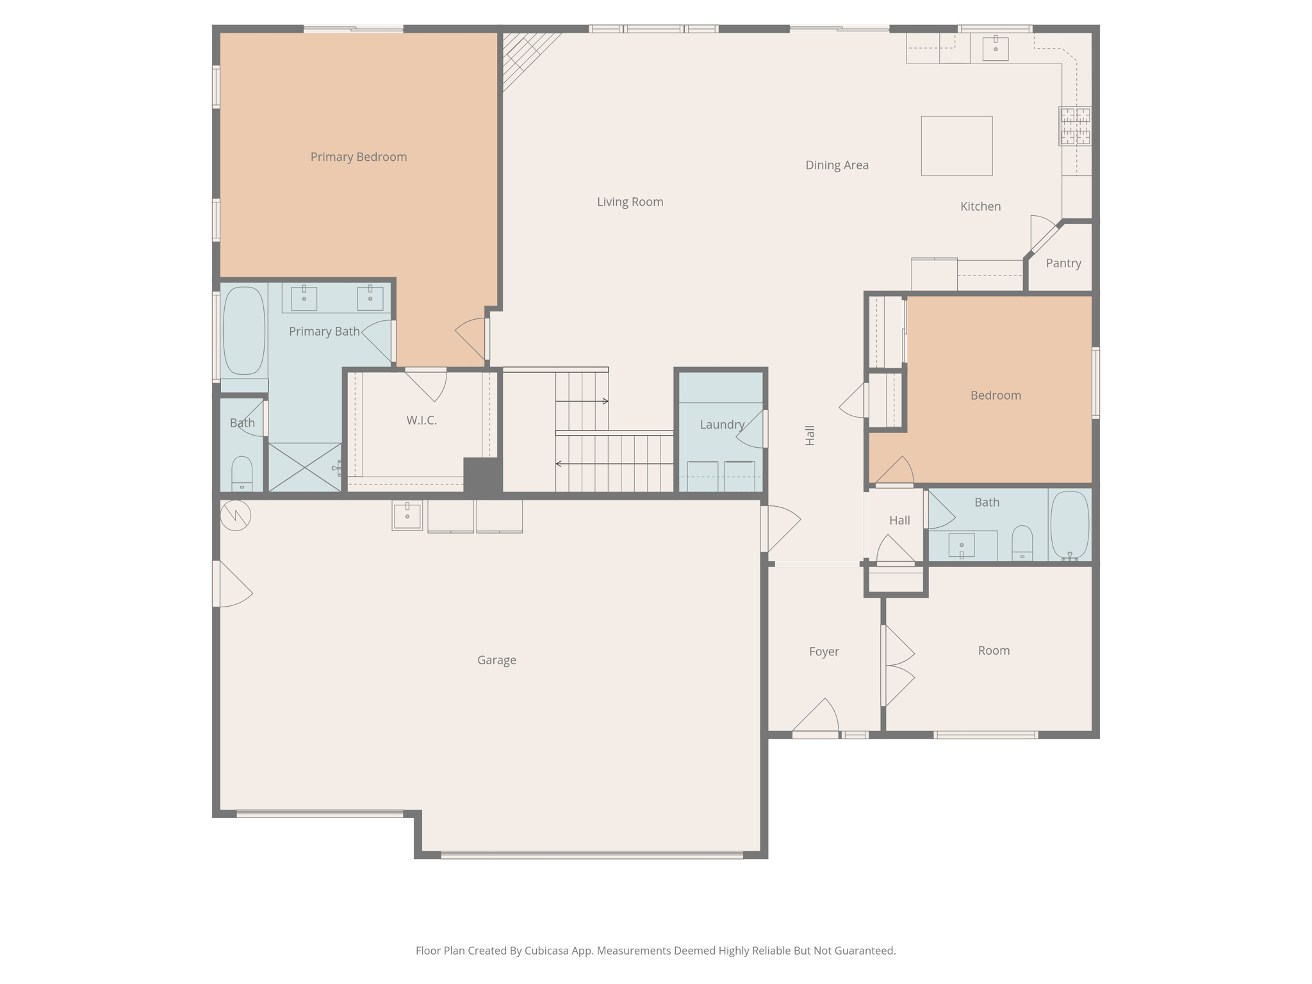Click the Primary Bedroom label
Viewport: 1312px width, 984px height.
[358, 157]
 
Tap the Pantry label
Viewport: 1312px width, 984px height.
[1063, 263]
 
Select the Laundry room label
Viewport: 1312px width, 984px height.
[721, 424]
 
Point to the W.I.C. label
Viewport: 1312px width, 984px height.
[421, 420]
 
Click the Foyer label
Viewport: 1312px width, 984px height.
[823, 652]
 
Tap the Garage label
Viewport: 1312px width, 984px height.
[496, 660]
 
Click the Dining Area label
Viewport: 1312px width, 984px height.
[837, 165]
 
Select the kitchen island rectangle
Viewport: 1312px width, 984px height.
[956, 146]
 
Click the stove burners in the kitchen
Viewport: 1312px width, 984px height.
[1074, 126]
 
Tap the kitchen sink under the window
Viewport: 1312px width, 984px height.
[995, 49]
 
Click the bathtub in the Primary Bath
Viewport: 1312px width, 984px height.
[243, 331]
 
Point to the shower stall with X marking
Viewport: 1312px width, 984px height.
[304, 467]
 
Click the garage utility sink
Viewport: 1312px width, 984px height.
[407, 516]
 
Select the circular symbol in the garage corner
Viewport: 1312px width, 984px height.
[235, 515]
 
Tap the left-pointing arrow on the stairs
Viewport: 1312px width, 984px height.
[559, 463]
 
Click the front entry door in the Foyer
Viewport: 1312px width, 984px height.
[816, 718]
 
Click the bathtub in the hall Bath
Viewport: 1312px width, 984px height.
[1069, 525]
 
